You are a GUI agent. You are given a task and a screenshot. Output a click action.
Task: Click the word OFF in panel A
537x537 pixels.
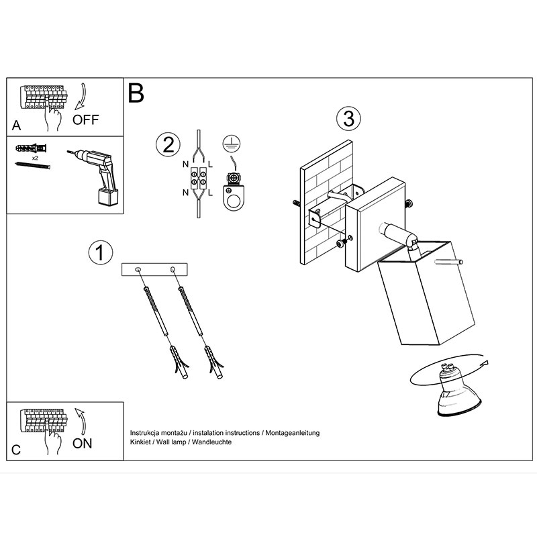click(x=86, y=120)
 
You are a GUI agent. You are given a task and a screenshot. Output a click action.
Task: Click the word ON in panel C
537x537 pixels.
click(x=82, y=444)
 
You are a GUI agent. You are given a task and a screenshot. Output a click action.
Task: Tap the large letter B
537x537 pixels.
click(x=136, y=93)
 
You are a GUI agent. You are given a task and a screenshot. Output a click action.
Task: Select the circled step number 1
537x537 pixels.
click(x=100, y=252)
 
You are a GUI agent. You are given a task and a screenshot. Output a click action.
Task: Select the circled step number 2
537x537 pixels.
click(x=168, y=144)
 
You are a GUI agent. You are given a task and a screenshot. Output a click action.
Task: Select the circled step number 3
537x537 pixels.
click(x=348, y=119)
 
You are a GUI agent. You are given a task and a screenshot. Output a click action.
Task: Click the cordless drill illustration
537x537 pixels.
click(x=97, y=177)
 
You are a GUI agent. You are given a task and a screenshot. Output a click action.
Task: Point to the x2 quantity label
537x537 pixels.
click(x=35, y=158)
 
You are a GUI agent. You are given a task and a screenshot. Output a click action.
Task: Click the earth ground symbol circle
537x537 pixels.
click(x=232, y=144)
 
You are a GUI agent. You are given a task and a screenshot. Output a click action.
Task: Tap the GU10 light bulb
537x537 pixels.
click(x=458, y=391)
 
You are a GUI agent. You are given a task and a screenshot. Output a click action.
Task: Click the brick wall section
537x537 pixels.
click(x=326, y=202)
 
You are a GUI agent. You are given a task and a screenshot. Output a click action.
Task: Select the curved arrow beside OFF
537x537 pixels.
click(x=81, y=96)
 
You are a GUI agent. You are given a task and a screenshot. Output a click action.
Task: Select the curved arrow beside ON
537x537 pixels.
click(x=81, y=422)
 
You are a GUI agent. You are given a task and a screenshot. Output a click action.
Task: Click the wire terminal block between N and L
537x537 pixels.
click(x=199, y=178)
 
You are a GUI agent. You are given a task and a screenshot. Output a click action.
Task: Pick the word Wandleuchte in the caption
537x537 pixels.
click(x=211, y=442)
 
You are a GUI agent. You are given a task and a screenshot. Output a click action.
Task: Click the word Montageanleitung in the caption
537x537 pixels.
click(x=293, y=433)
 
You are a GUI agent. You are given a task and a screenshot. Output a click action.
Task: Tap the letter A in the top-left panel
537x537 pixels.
click(x=16, y=126)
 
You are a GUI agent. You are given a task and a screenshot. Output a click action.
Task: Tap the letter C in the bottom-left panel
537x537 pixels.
click(x=15, y=450)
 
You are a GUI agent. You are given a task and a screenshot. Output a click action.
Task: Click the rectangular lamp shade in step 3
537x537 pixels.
click(x=426, y=293)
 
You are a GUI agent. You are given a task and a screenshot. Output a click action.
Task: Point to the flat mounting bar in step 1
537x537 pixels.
click(x=154, y=270)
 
